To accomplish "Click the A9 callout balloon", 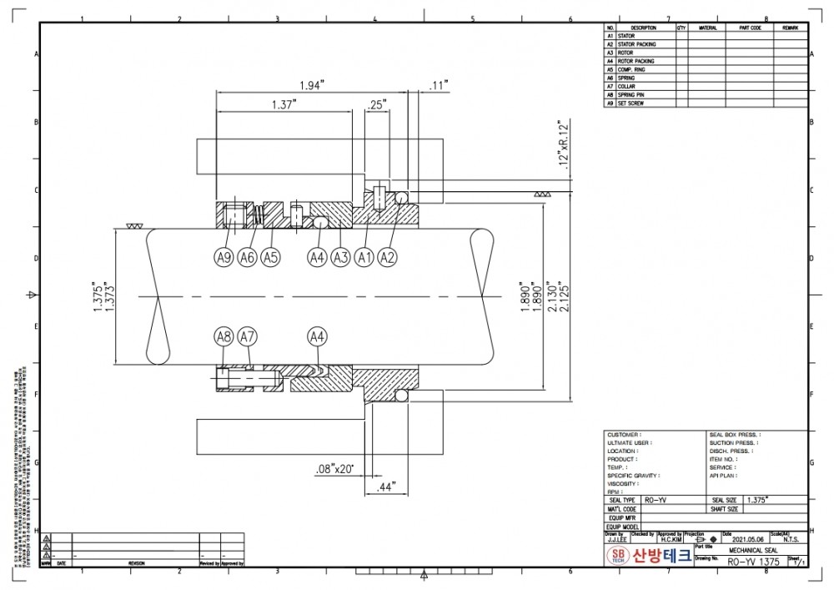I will pos(224,258).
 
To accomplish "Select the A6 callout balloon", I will pos(247,258).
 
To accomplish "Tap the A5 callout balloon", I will pos(269,258).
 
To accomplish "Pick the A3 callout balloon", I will pos(339,258).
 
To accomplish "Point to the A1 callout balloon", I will pos(364,258).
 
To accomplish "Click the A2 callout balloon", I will pos(387,258).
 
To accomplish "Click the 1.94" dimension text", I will pos(311,85).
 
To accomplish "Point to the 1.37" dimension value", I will pos(285,104).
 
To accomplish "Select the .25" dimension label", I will pos(377,104).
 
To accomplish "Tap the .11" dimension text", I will pos(439,85).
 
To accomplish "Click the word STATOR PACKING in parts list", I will pos(637,44).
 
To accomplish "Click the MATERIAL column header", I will pos(707,28).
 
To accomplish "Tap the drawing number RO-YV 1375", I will pos(753,562).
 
